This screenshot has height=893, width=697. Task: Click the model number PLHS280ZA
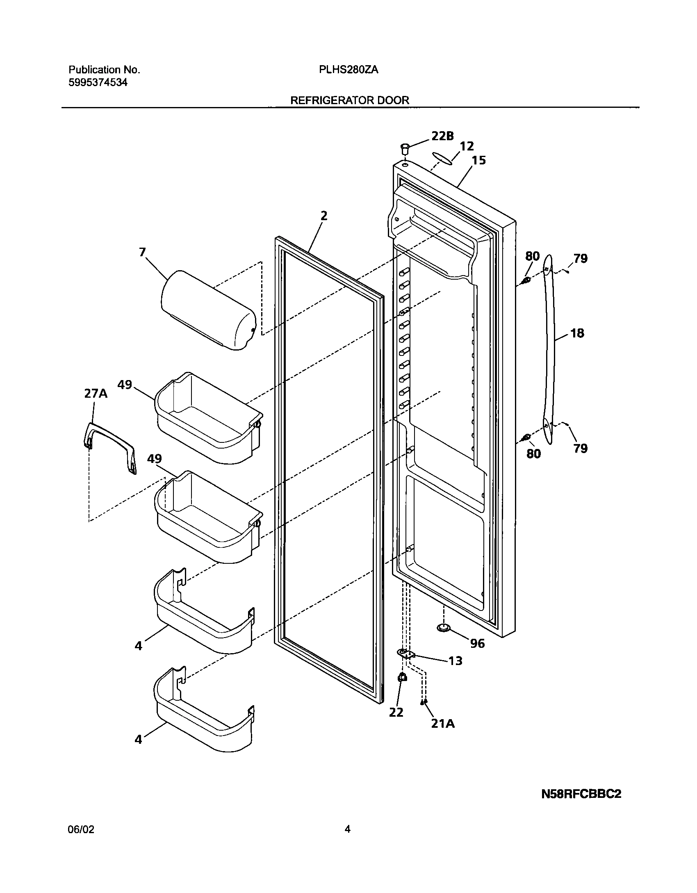[348, 70]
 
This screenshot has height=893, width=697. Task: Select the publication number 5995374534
[98, 82]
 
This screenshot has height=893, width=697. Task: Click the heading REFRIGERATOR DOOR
[350, 100]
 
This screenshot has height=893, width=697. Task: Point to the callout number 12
[467, 146]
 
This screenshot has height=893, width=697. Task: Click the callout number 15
[478, 160]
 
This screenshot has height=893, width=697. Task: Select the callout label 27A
[96, 394]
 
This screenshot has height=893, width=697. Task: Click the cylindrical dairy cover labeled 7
[207, 310]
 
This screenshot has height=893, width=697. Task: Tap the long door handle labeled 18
[549, 349]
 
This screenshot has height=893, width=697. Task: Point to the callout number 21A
[443, 724]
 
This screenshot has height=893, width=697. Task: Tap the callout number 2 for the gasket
[324, 216]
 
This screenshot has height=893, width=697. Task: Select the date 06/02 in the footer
[81, 829]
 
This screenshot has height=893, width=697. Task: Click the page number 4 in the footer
[347, 829]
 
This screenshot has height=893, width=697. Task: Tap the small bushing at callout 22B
[405, 148]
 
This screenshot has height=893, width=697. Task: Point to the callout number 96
[477, 643]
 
